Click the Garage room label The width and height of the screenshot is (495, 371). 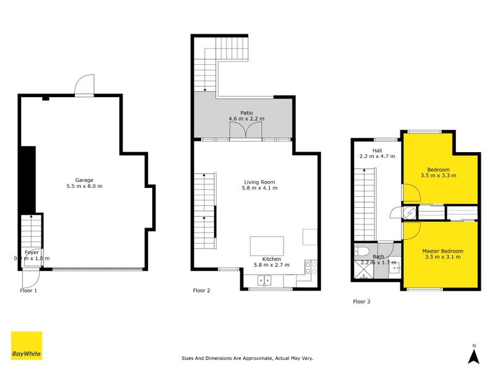pos(84,180)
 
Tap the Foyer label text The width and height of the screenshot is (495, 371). pos(32,252)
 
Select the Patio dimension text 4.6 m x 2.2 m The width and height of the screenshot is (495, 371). pos(246,119)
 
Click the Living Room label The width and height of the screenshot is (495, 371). pos(259,182)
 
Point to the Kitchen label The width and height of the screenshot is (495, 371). pos(272,259)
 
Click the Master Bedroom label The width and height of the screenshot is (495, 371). pos(442,251)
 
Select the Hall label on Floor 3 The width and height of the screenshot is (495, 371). pos(377,150)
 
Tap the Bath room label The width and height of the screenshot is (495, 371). pos(378,256)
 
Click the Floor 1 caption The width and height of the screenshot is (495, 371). pos(28,290)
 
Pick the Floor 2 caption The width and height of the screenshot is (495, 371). pos(202,290)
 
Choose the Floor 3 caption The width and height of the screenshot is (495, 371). pos(361,302)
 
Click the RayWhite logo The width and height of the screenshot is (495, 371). pos(27,346)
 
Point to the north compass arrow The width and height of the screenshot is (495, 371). pos(473,356)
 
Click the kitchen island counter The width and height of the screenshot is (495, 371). pos(267,245)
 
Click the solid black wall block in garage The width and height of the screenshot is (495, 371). pos(28,179)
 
